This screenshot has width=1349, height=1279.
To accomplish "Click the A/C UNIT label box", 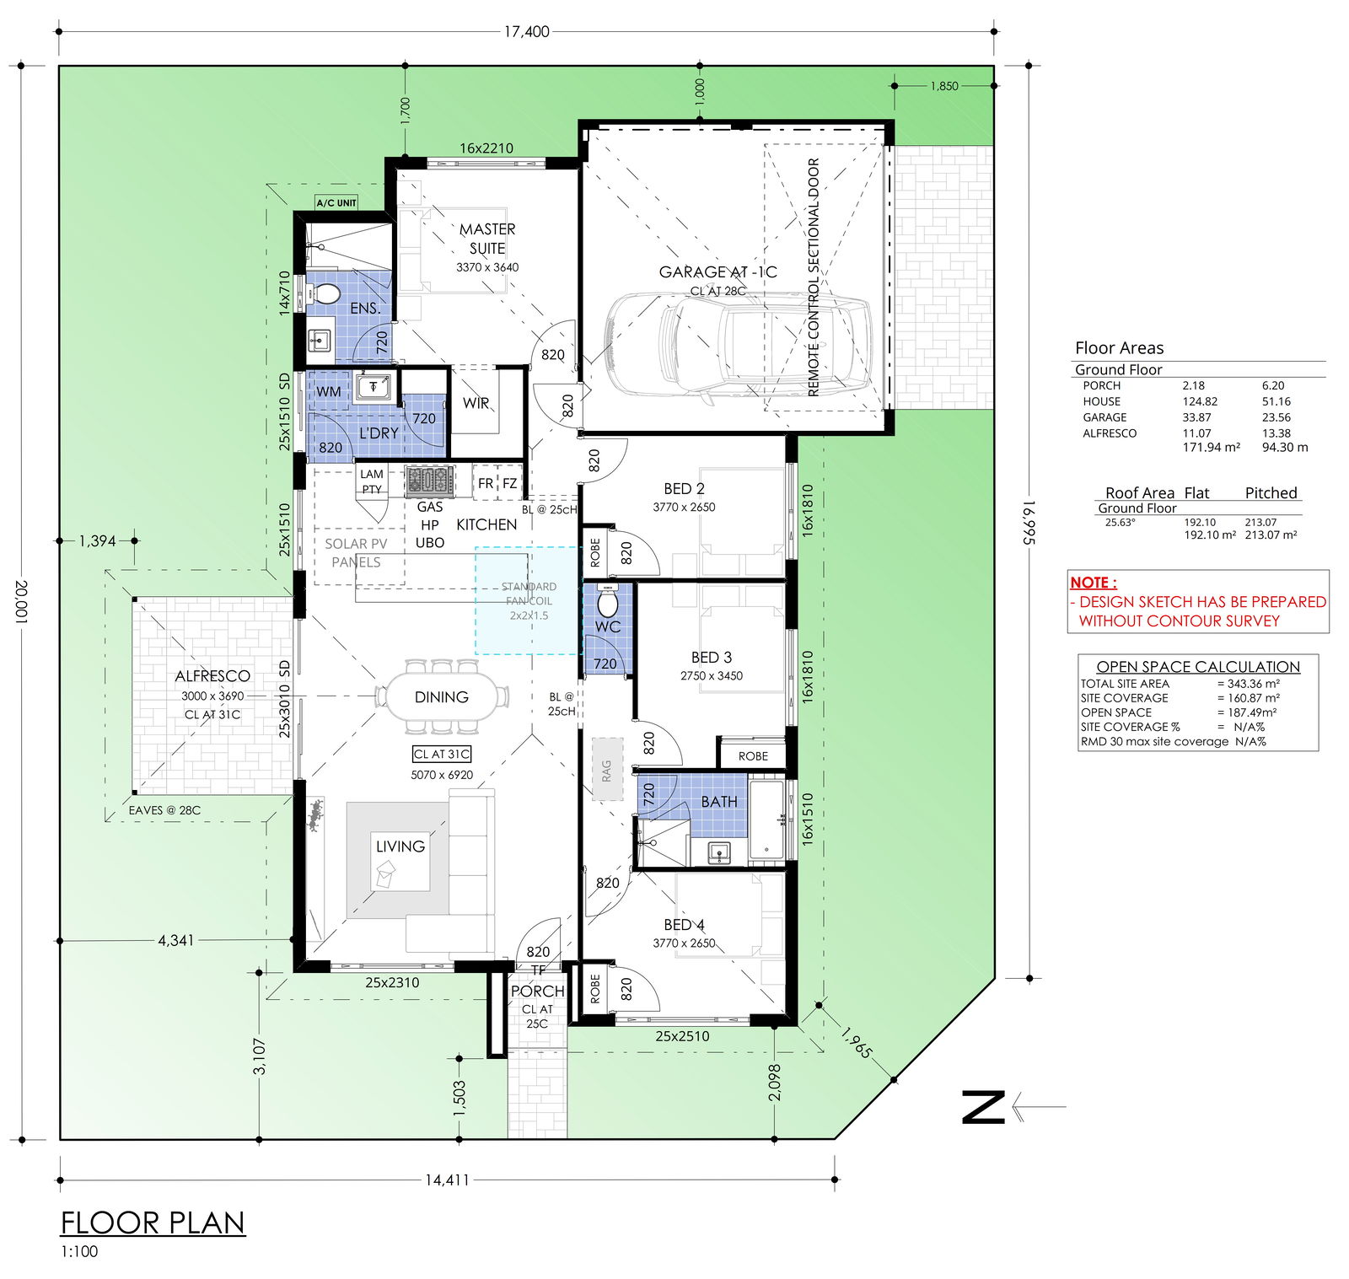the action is click(336, 202).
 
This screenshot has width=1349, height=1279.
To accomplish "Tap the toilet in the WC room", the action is click(607, 603).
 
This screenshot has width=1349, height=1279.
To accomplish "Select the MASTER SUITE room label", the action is click(487, 239).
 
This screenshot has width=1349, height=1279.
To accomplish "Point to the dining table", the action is click(442, 697).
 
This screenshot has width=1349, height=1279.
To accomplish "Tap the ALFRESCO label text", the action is click(212, 676).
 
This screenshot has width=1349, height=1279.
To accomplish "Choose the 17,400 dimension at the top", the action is click(527, 31).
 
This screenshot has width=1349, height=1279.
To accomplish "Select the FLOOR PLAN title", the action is click(153, 1223).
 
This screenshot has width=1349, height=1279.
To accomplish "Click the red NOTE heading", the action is click(1094, 583).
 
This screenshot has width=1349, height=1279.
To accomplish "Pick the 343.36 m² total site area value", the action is click(1254, 684).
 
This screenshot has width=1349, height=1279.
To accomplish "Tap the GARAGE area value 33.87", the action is click(1196, 417).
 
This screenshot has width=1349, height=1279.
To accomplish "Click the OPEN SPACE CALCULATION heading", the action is click(1198, 667).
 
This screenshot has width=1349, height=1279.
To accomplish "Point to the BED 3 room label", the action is click(712, 658).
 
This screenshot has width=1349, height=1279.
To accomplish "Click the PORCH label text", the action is click(537, 991).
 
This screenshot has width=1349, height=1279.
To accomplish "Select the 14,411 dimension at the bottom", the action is click(447, 1180).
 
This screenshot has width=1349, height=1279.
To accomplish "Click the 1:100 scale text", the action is click(79, 1252).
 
